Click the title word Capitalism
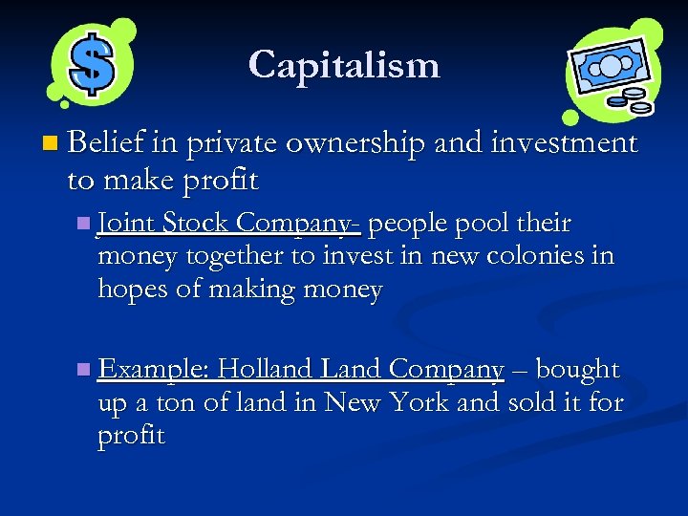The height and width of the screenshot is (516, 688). [x=344, y=65]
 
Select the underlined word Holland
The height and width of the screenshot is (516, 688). [x=269, y=369]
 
